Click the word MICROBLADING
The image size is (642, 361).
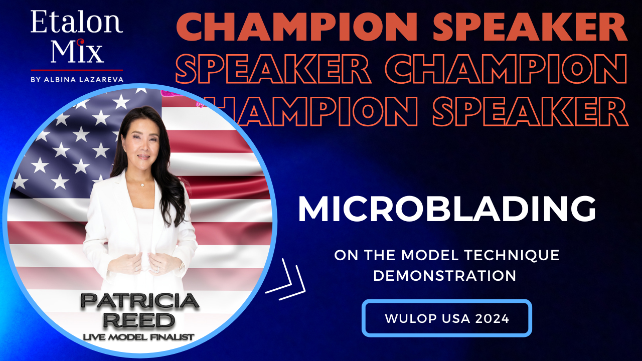tap(447, 209)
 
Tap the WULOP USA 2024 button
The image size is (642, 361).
tap(447, 318)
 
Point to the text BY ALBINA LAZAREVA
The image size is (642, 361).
tap(77, 79)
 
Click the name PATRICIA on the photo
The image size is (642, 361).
tap(140, 301)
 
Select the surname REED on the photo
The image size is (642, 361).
tap(139, 320)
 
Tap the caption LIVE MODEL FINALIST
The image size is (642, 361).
tap(138, 337)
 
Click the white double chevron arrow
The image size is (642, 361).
tap(286, 280)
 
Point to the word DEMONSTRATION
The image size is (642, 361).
tap(445, 276)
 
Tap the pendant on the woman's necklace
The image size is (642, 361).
tap(142, 185)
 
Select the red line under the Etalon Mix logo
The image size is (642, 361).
tap(77, 70)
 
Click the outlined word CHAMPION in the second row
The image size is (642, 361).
tap(506, 69)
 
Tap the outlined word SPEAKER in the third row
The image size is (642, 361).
tap(530, 111)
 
